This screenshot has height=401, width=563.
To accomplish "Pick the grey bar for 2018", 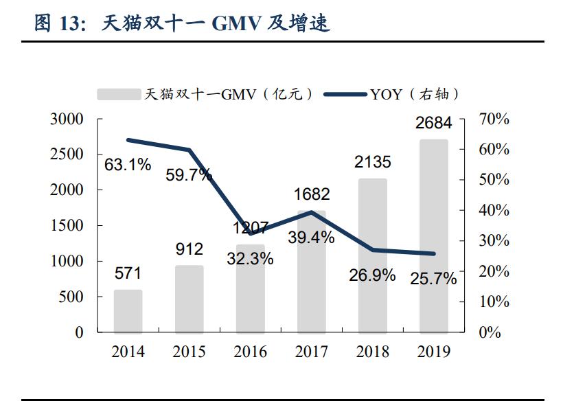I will (x=372, y=255).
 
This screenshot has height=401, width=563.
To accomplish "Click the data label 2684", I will (x=433, y=124).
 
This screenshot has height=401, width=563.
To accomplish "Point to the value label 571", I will (x=128, y=273).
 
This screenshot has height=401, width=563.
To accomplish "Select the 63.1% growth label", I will (x=128, y=165).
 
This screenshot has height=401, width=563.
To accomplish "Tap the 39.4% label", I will (x=311, y=238).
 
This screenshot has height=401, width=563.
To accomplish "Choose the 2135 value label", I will (x=372, y=162).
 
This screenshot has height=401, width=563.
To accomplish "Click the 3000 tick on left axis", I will (x=67, y=119).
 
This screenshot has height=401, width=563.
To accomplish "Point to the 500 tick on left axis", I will (x=71, y=297).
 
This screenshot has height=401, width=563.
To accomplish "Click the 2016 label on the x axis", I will (x=250, y=352).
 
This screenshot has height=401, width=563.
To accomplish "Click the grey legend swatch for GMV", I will (x=118, y=94).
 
